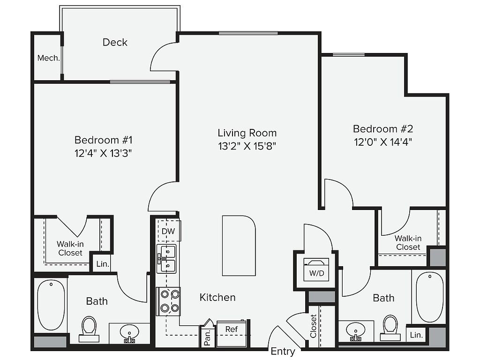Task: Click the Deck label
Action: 115,42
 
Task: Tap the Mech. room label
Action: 48,58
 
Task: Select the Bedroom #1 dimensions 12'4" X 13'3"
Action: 103,153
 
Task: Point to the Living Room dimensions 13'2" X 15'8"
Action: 247,146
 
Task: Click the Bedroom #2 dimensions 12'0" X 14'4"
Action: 383,142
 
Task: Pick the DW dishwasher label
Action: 168,231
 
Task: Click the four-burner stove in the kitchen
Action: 168,301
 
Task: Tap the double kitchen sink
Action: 166,259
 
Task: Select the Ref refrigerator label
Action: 232,329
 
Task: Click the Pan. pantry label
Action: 207,337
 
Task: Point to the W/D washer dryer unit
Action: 316,270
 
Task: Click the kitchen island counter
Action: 239,246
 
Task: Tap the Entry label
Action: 283,352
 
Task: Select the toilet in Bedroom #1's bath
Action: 89,329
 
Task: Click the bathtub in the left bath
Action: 51,305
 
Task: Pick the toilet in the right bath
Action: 390,328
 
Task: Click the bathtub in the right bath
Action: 430,297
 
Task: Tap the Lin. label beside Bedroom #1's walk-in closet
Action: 103,264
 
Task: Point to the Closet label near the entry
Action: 313,326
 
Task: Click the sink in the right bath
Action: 356,331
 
